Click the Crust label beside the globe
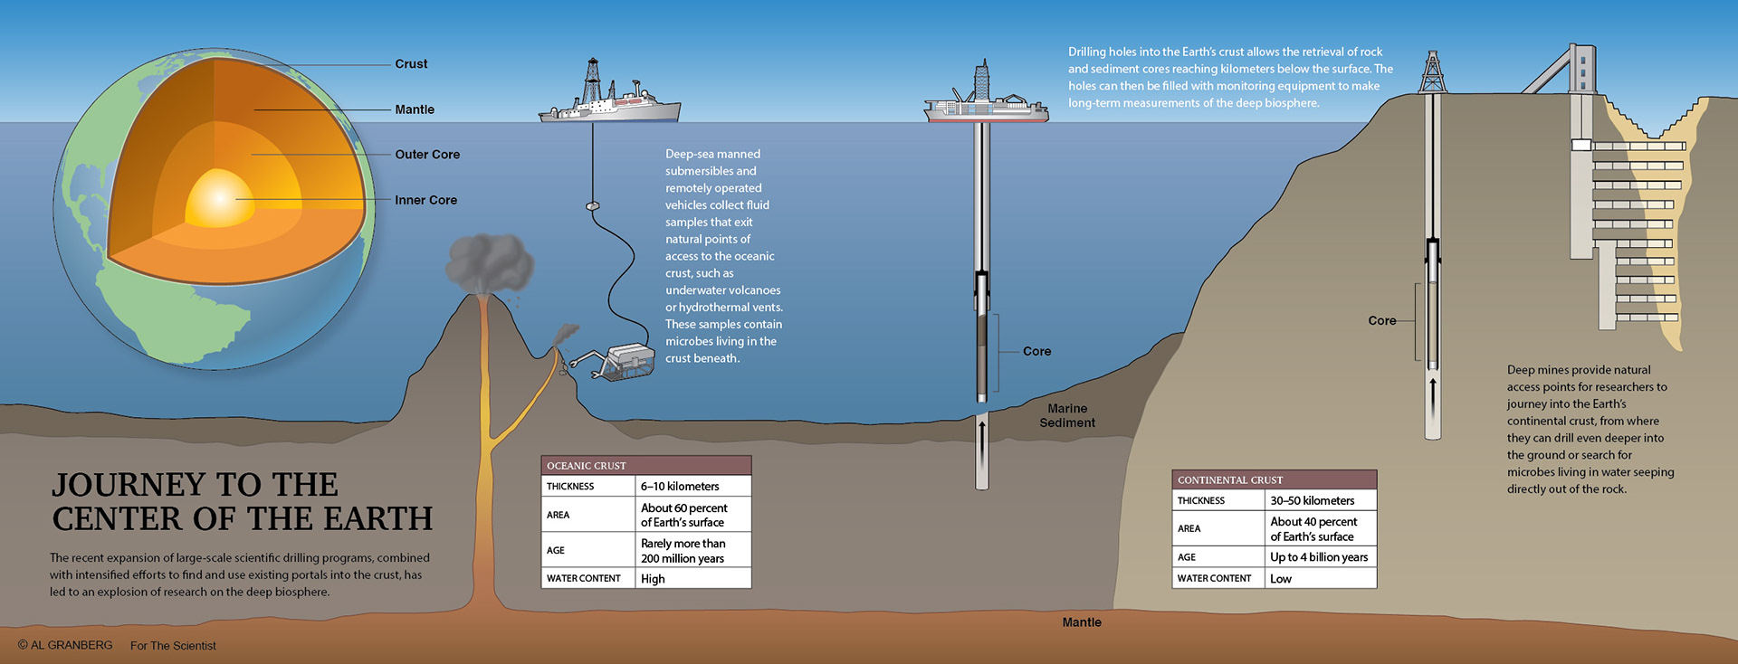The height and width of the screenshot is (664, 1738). point(411,64)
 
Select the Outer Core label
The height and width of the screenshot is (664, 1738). point(427,155)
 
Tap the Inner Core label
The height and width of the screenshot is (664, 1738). point(425,200)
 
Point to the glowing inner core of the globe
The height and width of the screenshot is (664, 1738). point(220,198)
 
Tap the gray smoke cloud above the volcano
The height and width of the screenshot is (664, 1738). point(490,261)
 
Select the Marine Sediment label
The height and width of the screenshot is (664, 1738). point(1067,415)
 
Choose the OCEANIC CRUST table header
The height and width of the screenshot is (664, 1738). point(587,466)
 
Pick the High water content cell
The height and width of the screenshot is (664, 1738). point(653,579)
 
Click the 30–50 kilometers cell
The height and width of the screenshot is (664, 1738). point(1312,501)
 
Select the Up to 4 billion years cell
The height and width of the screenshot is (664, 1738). point(1319,557)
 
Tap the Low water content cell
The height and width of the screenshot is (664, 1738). point(1281,579)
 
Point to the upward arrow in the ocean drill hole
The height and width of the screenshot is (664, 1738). point(982,438)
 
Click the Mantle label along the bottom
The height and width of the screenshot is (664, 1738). point(1082,622)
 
